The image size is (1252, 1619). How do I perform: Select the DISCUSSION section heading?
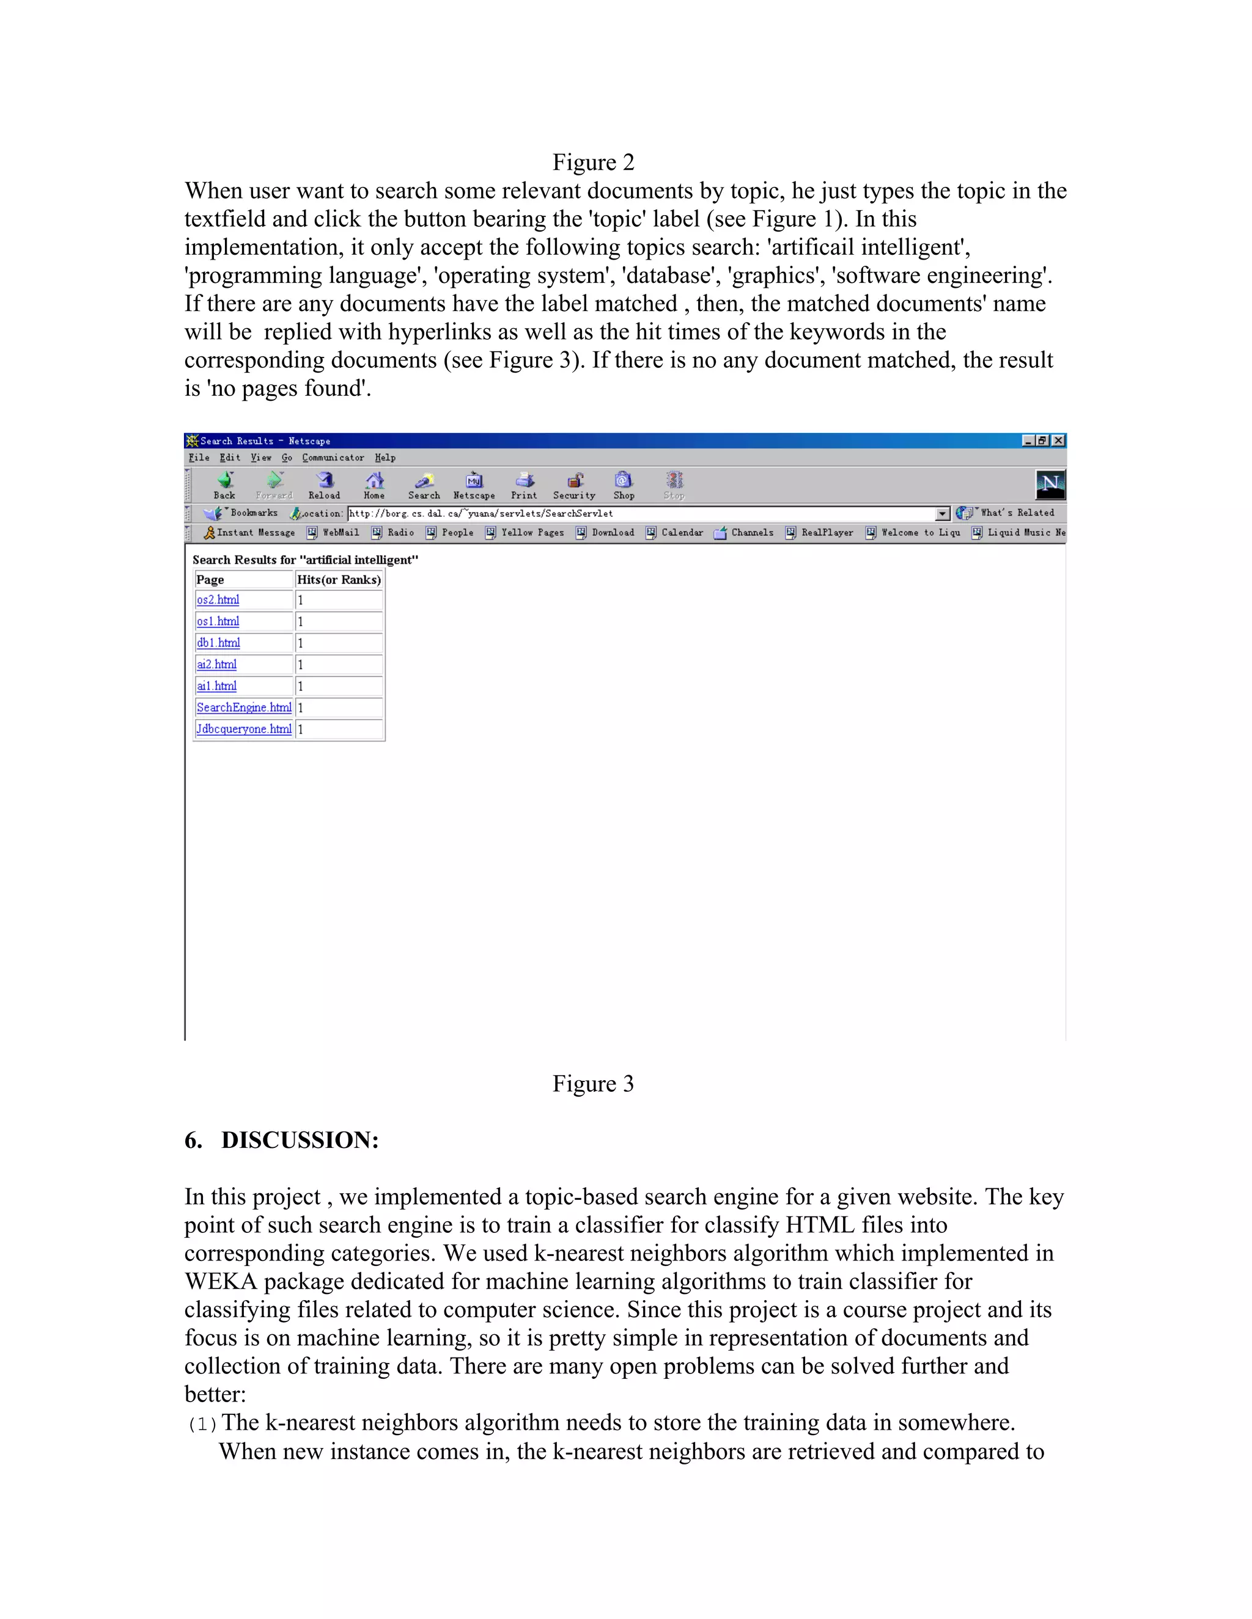click(x=282, y=1140)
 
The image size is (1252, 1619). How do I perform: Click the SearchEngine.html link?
click(x=243, y=707)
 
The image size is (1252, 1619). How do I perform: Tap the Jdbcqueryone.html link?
click(x=243, y=729)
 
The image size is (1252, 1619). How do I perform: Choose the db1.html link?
click(x=218, y=643)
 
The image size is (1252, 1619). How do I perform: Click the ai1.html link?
click(x=216, y=685)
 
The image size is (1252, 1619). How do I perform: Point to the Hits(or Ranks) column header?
click(x=338, y=580)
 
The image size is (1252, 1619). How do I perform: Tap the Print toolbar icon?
click(x=524, y=485)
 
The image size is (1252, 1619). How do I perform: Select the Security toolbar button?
click(x=574, y=485)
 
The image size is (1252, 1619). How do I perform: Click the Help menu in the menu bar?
click(x=385, y=458)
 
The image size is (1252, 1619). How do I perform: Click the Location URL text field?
click(x=638, y=514)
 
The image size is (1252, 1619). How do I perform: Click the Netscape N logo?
click(x=1050, y=485)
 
